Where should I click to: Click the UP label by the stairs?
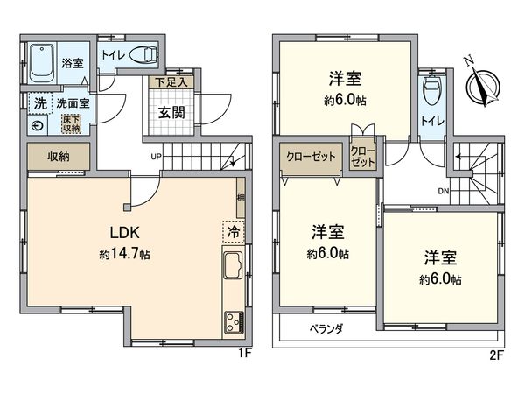pyautogui.click(x=156, y=158)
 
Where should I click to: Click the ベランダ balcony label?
pyautogui.click(x=326, y=329)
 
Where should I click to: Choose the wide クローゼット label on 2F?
pyautogui.click(x=311, y=157)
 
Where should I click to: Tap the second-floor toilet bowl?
pyautogui.click(x=430, y=90)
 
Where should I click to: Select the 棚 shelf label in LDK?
pyautogui.click(x=240, y=201)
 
